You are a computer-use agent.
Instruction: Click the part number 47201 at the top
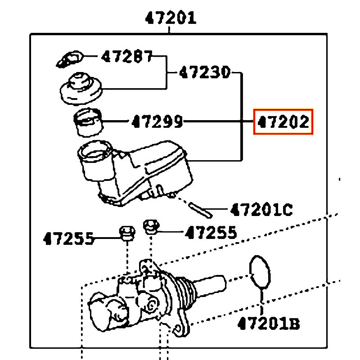coord(171,18)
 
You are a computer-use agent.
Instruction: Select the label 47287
coord(127,57)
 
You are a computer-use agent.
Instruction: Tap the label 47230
coord(205,72)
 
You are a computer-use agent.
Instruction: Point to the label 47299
coord(157,121)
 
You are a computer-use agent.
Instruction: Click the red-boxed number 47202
coord(283,121)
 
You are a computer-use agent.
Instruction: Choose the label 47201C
coord(261,209)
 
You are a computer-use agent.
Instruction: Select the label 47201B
coord(269,323)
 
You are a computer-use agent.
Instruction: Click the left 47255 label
coord(69,238)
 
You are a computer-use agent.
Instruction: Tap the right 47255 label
coord(211,232)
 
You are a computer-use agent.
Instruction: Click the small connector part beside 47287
coord(70,59)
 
